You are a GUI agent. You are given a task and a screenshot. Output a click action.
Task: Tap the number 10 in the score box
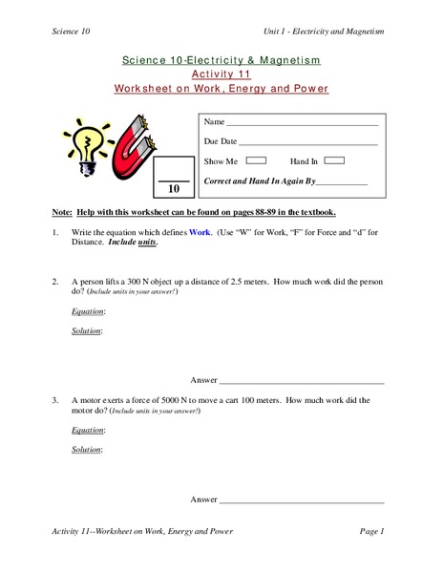[x=174, y=189]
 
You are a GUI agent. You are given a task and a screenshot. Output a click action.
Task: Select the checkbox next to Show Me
[x=257, y=160]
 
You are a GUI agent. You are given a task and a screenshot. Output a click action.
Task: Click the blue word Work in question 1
[x=200, y=232]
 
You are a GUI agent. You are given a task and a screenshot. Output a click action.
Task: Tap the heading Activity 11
[x=221, y=74]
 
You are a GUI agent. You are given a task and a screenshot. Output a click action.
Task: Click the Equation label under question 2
[x=89, y=312]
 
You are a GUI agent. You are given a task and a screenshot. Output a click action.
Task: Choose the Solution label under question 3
[x=87, y=449]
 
